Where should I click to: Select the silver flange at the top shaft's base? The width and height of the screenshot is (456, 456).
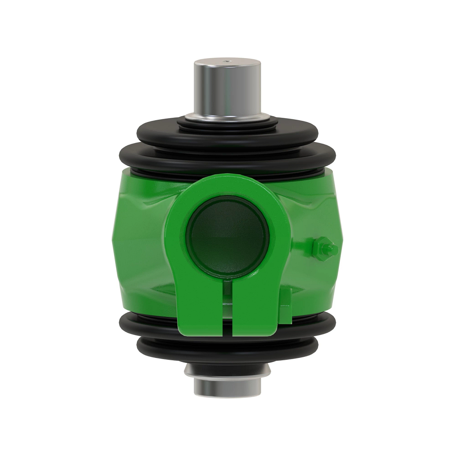pyautogui.click(x=227, y=116)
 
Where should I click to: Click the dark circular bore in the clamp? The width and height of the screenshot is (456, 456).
pyautogui.click(x=227, y=242)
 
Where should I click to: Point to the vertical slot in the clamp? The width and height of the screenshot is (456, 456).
pyautogui.click(x=227, y=308)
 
